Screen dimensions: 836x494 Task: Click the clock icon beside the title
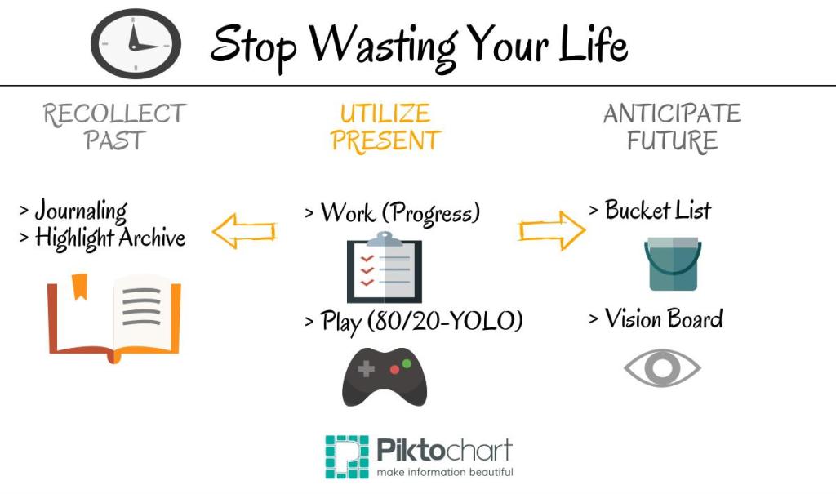tap(136, 44)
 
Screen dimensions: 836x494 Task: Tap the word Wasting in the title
tap(384, 47)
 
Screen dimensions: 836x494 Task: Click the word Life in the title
tap(593, 44)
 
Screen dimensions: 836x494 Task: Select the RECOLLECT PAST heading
tap(114, 127)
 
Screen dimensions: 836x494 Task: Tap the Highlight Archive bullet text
tap(110, 238)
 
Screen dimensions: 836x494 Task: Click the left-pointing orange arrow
tap(243, 231)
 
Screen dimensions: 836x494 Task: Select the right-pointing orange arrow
tap(552, 230)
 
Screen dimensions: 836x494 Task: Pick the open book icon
tap(114, 319)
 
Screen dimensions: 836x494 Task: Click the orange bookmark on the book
tap(79, 287)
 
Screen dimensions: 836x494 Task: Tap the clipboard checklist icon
tap(384, 267)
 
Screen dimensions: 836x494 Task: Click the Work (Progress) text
tap(400, 213)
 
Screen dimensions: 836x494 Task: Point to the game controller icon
tap(385, 376)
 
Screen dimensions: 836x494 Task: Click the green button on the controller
tap(407, 364)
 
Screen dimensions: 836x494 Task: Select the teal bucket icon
tap(673, 264)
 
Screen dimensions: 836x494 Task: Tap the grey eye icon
tap(662, 367)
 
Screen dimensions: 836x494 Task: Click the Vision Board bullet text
tap(663, 319)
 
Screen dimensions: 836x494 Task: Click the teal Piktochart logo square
tap(347, 456)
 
